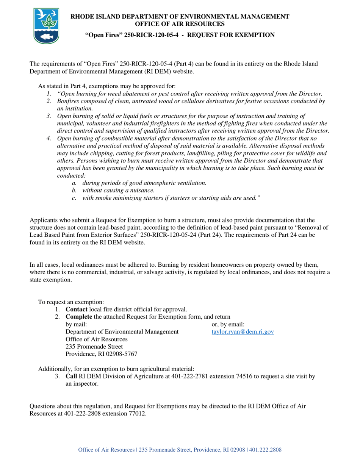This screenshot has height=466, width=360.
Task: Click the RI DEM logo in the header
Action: point(46,26)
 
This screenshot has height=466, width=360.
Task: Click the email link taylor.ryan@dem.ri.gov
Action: point(243,332)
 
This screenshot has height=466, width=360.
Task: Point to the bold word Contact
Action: point(77,310)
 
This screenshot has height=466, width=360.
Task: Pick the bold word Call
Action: point(71,377)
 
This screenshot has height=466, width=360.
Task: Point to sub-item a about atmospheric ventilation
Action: point(144,183)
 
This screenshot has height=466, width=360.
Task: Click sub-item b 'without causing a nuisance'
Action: point(118,190)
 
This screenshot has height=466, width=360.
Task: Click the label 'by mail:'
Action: point(76,324)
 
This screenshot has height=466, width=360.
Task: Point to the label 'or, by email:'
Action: point(228,324)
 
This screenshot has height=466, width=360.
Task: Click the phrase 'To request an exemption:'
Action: point(71,302)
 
